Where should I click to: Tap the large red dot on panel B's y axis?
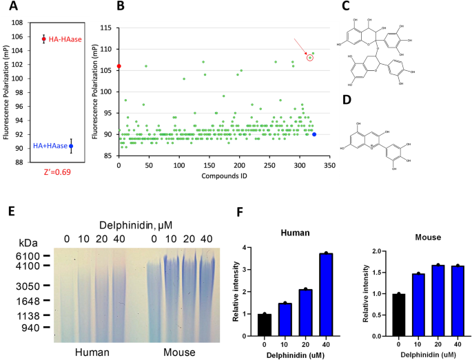click(119, 66)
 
